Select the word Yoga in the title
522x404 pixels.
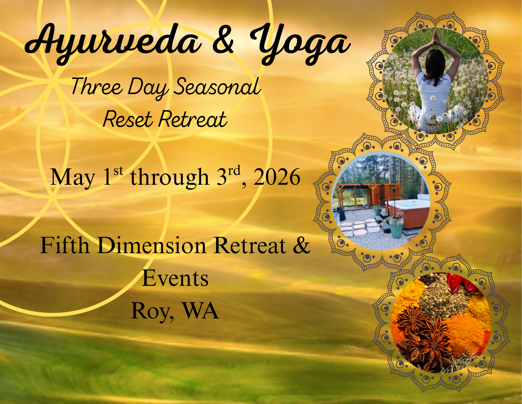click(x=299, y=43)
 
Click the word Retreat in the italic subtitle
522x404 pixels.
click(x=193, y=119)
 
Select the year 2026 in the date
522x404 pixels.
click(x=277, y=177)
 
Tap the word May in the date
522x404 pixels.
click(x=72, y=178)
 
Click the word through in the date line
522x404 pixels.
click(x=170, y=177)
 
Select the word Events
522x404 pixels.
click(x=175, y=279)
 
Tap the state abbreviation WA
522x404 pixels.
click(x=201, y=311)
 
